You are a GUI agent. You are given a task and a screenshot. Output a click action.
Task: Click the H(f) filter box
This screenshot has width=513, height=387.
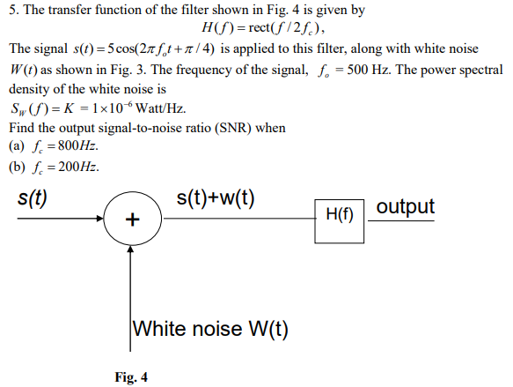pyautogui.click(x=340, y=213)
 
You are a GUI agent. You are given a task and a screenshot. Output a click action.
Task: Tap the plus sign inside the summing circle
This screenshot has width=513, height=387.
pyautogui.click(x=131, y=220)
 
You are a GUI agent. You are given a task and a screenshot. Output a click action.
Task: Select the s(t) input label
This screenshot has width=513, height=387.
pyautogui.click(x=33, y=197)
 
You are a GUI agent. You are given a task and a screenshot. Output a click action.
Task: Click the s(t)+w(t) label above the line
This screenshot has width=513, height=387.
pyautogui.click(x=216, y=197)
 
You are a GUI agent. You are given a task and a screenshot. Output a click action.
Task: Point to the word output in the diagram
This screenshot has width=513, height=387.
pyautogui.click(x=405, y=207)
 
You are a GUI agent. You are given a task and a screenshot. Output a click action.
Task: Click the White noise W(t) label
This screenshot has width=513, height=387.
pyautogui.click(x=210, y=329)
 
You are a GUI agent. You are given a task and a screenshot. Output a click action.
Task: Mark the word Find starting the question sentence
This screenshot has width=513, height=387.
pyautogui.click(x=22, y=128)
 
